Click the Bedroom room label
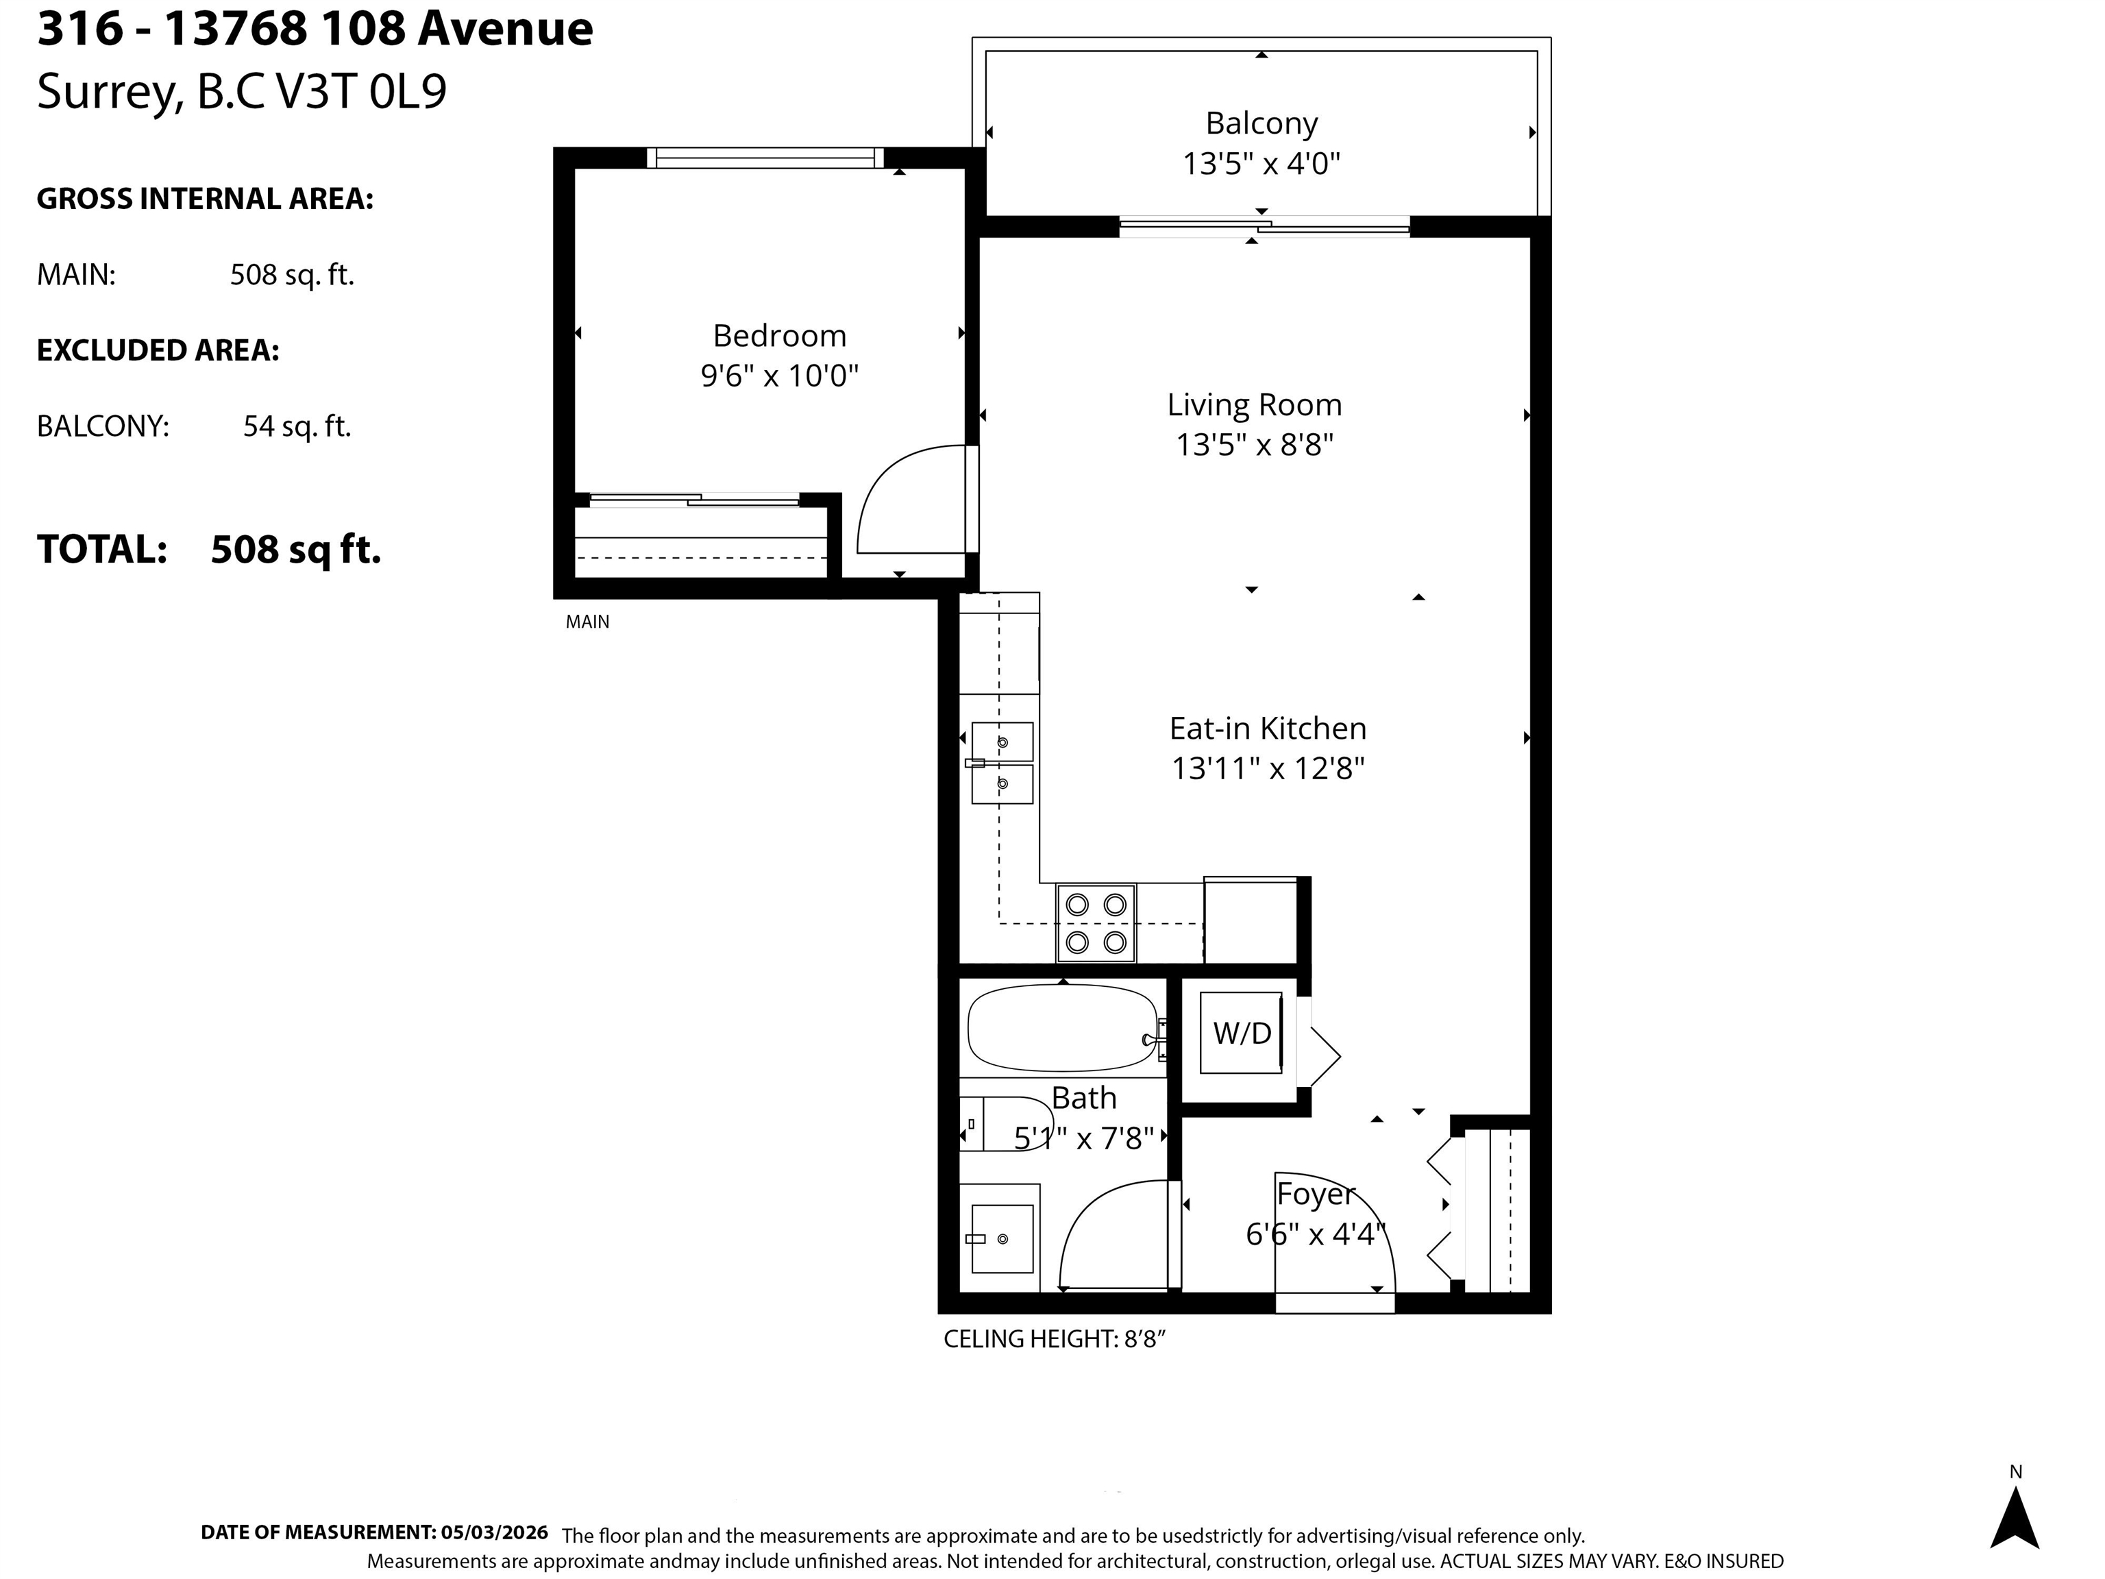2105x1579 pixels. tap(779, 335)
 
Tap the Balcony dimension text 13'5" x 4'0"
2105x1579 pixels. tap(1261, 164)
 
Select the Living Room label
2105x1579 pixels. tap(1254, 406)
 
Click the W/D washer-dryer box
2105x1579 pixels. tap(1241, 1033)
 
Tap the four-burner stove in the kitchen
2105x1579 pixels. tap(1095, 922)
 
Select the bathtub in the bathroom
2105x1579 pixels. tap(1064, 1028)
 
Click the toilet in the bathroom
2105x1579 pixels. tap(1001, 1124)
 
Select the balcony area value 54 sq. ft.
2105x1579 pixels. tap(297, 426)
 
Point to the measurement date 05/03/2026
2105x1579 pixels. tap(494, 1532)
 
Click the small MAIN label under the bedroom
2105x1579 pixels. tap(587, 622)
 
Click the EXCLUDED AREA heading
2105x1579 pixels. tap(158, 350)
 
